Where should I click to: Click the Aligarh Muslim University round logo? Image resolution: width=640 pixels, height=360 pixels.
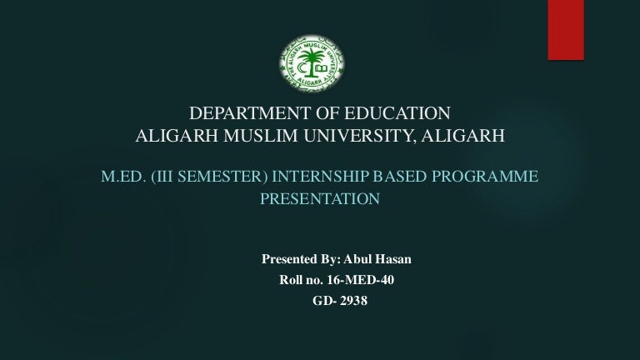point(312,62)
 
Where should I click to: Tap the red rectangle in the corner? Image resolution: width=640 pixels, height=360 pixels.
point(566,30)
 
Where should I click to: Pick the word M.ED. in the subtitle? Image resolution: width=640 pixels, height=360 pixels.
point(123,177)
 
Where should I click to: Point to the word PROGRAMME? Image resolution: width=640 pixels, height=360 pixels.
point(485,177)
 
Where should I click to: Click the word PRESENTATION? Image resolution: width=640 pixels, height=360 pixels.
point(320,199)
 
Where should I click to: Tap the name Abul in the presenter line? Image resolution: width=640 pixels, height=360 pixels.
point(356,259)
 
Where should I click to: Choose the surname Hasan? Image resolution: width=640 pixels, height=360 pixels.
point(394,259)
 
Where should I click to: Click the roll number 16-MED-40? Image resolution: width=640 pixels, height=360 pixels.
point(360,280)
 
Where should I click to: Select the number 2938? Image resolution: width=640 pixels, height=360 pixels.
point(353,300)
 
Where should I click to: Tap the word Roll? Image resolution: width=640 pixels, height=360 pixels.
point(291,280)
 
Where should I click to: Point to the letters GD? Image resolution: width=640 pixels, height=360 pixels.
point(322,300)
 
